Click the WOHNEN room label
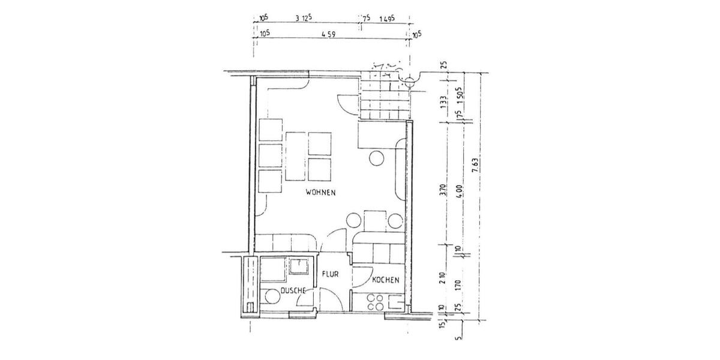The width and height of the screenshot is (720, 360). point(320,193)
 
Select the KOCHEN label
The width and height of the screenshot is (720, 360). point(385,280)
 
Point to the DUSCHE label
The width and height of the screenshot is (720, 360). point(294,290)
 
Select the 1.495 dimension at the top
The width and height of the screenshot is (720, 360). point(387,19)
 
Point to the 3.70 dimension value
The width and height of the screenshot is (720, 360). point(443,191)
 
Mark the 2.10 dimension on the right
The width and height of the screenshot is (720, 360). point(443,277)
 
